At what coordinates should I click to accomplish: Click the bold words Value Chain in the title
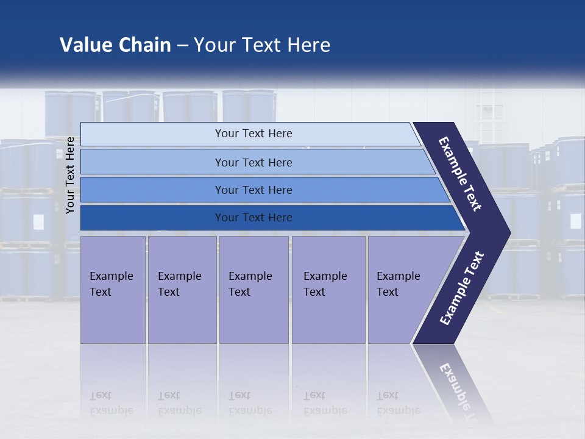click(115, 45)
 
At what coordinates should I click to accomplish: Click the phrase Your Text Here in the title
click(262, 45)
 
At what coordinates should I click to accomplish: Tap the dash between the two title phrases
click(182, 46)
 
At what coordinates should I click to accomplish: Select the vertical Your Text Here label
click(70, 175)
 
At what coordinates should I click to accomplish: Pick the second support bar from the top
click(253, 162)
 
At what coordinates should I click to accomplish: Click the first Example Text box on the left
click(113, 289)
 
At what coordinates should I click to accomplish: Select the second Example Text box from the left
click(182, 289)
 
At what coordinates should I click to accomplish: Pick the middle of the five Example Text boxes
click(253, 289)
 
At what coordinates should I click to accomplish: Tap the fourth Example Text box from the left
click(328, 289)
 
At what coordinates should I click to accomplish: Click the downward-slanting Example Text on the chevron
click(460, 174)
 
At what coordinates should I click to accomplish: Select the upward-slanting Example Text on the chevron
click(463, 288)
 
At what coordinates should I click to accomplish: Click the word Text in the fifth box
click(388, 292)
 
